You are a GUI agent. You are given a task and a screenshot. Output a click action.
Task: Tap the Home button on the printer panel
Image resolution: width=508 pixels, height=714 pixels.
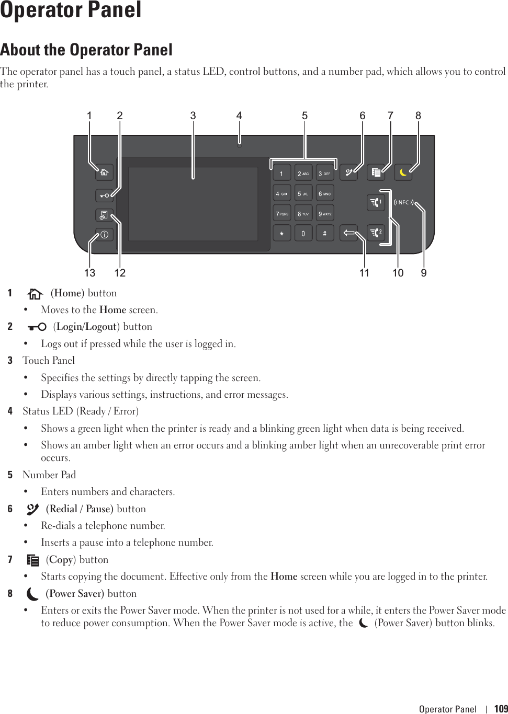click(105, 172)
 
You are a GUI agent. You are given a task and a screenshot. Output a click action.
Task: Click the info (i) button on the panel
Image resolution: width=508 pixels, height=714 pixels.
click(104, 235)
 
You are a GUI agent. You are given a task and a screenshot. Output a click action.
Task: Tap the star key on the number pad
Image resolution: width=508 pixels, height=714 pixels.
click(281, 233)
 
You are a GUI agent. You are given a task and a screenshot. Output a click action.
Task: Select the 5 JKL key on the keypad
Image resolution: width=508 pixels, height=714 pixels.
click(303, 193)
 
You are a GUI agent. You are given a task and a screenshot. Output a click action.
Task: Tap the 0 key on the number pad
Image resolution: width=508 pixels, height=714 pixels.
click(303, 233)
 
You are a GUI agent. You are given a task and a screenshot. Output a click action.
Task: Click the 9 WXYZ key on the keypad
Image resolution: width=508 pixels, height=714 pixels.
click(325, 213)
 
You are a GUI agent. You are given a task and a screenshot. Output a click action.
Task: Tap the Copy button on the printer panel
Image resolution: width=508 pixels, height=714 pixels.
click(376, 172)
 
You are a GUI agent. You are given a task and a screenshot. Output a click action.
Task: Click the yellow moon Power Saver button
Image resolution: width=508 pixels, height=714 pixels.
click(403, 172)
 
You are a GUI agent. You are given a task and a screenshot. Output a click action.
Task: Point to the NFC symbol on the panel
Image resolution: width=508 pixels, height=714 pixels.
click(403, 202)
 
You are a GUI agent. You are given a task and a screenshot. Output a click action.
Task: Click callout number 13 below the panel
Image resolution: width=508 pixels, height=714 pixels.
click(90, 273)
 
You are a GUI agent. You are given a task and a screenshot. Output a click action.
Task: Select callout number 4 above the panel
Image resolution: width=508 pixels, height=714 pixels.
click(239, 116)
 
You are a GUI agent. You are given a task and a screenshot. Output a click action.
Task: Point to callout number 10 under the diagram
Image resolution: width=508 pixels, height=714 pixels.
click(398, 273)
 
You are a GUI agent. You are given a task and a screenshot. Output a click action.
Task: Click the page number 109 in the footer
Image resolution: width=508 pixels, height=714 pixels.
click(501, 709)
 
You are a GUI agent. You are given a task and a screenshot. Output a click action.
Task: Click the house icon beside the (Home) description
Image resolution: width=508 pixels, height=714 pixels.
click(35, 294)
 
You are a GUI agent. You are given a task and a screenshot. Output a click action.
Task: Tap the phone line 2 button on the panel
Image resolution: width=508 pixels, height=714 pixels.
click(376, 232)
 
